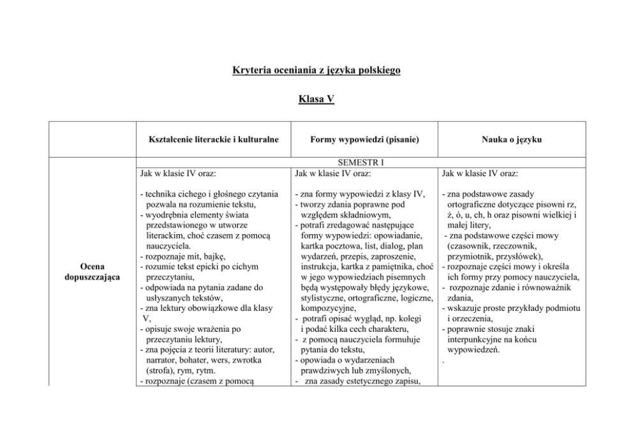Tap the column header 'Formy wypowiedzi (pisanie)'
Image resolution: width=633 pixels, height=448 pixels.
tap(364, 138)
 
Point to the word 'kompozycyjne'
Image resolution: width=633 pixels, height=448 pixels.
tap(328, 308)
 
